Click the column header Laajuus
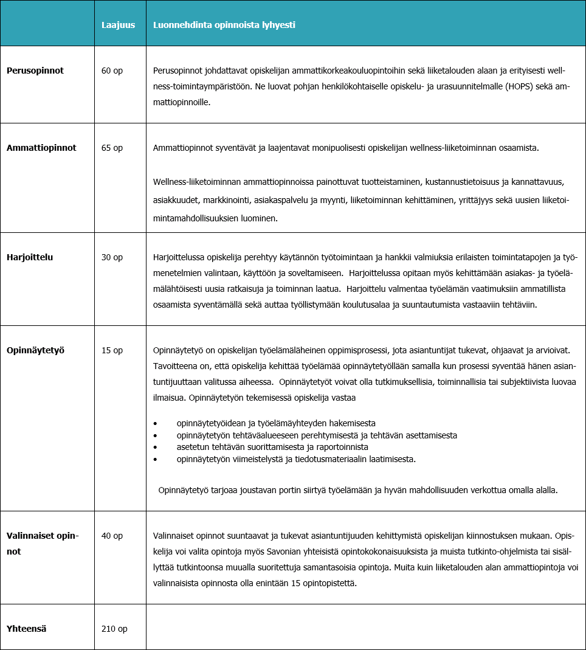118,25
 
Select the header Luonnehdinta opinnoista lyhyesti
224,25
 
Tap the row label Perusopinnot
35,71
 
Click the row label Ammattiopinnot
41,148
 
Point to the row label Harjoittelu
30,257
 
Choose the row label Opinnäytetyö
35,350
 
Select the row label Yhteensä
27,629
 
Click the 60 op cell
112,71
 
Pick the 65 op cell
112,148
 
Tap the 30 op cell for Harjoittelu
112,257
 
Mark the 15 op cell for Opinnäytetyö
112,350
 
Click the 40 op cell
112,536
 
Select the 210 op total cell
114,629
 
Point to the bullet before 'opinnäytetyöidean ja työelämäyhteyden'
156,424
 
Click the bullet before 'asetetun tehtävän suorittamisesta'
156,447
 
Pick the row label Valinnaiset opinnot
43,544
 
